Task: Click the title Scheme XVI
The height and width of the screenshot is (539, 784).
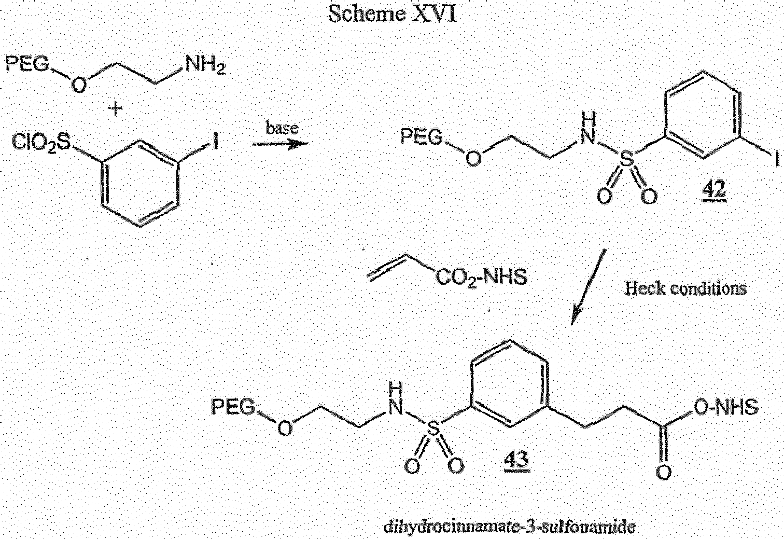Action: [x=392, y=15]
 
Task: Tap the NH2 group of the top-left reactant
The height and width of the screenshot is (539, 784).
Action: [x=206, y=65]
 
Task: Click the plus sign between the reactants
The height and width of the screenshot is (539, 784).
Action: [x=115, y=108]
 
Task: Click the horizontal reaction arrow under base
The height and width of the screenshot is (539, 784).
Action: [x=280, y=144]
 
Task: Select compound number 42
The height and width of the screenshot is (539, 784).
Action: [x=714, y=192]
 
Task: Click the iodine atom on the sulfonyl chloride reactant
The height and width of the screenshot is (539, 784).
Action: [x=216, y=142]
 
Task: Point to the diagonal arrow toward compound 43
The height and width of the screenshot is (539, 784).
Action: [x=588, y=286]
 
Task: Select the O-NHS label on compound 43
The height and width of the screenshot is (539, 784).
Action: [x=726, y=407]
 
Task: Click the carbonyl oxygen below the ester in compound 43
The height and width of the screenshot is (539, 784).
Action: [x=664, y=473]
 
